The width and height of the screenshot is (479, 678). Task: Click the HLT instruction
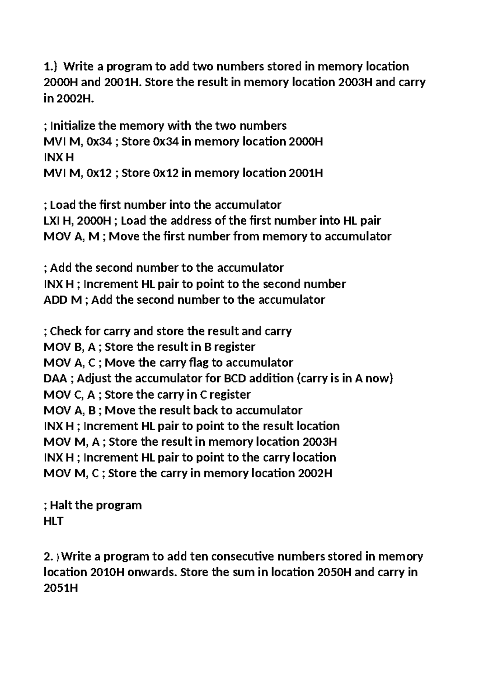coord(53,521)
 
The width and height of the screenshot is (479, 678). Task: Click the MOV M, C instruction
coord(71,474)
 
